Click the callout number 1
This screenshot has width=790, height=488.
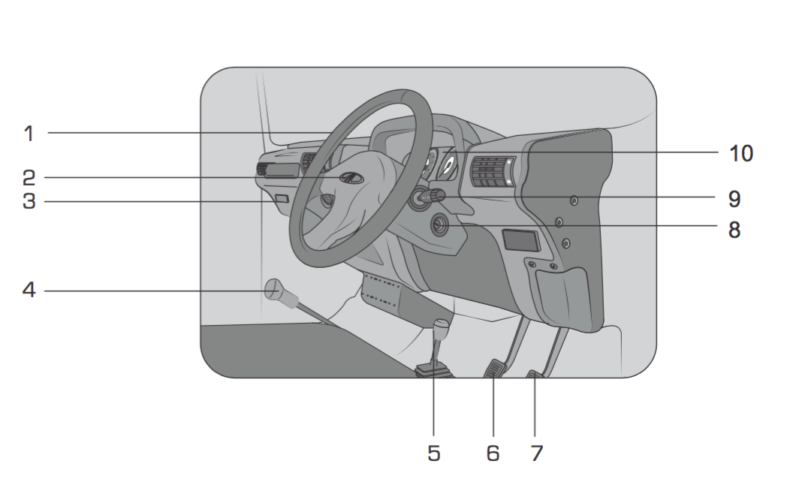click(x=29, y=134)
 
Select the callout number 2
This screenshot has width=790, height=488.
click(x=29, y=178)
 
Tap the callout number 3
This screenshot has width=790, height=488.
click(x=29, y=201)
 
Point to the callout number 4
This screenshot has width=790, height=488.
click(x=29, y=290)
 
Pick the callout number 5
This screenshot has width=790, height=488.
click(x=434, y=453)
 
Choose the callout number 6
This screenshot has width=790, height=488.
click(x=493, y=453)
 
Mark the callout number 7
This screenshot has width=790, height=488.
click(x=537, y=453)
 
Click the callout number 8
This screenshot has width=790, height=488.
click(x=734, y=230)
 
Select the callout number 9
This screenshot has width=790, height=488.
click(x=734, y=199)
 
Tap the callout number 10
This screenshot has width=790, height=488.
click(x=741, y=154)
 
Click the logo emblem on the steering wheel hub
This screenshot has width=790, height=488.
click(x=351, y=178)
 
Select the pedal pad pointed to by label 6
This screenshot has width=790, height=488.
click(x=496, y=368)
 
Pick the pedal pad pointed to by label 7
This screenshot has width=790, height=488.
click(x=536, y=374)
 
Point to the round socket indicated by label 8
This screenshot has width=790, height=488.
click(x=440, y=224)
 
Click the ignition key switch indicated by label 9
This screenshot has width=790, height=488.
click(x=427, y=198)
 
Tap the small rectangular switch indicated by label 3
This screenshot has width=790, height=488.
click(x=282, y=198)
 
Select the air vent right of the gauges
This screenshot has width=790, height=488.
click(x=493, y=172)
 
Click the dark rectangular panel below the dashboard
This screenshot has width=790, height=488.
click(x=521, y=240)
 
